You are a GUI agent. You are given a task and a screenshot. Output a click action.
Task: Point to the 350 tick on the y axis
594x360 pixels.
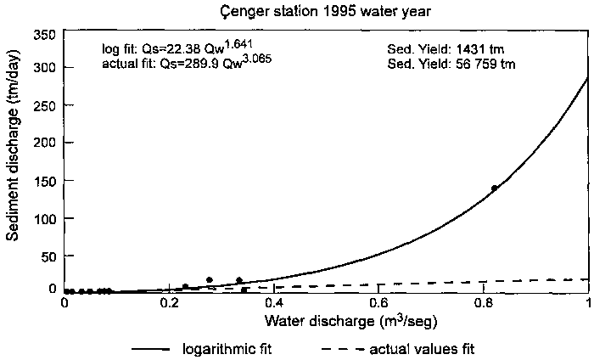(48, 33)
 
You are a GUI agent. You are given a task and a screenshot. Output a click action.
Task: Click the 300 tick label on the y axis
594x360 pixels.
(48, 67)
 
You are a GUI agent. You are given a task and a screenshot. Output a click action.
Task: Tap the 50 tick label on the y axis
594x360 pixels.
(51, 255)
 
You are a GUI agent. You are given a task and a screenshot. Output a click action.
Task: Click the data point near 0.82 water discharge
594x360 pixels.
(494, 188)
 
